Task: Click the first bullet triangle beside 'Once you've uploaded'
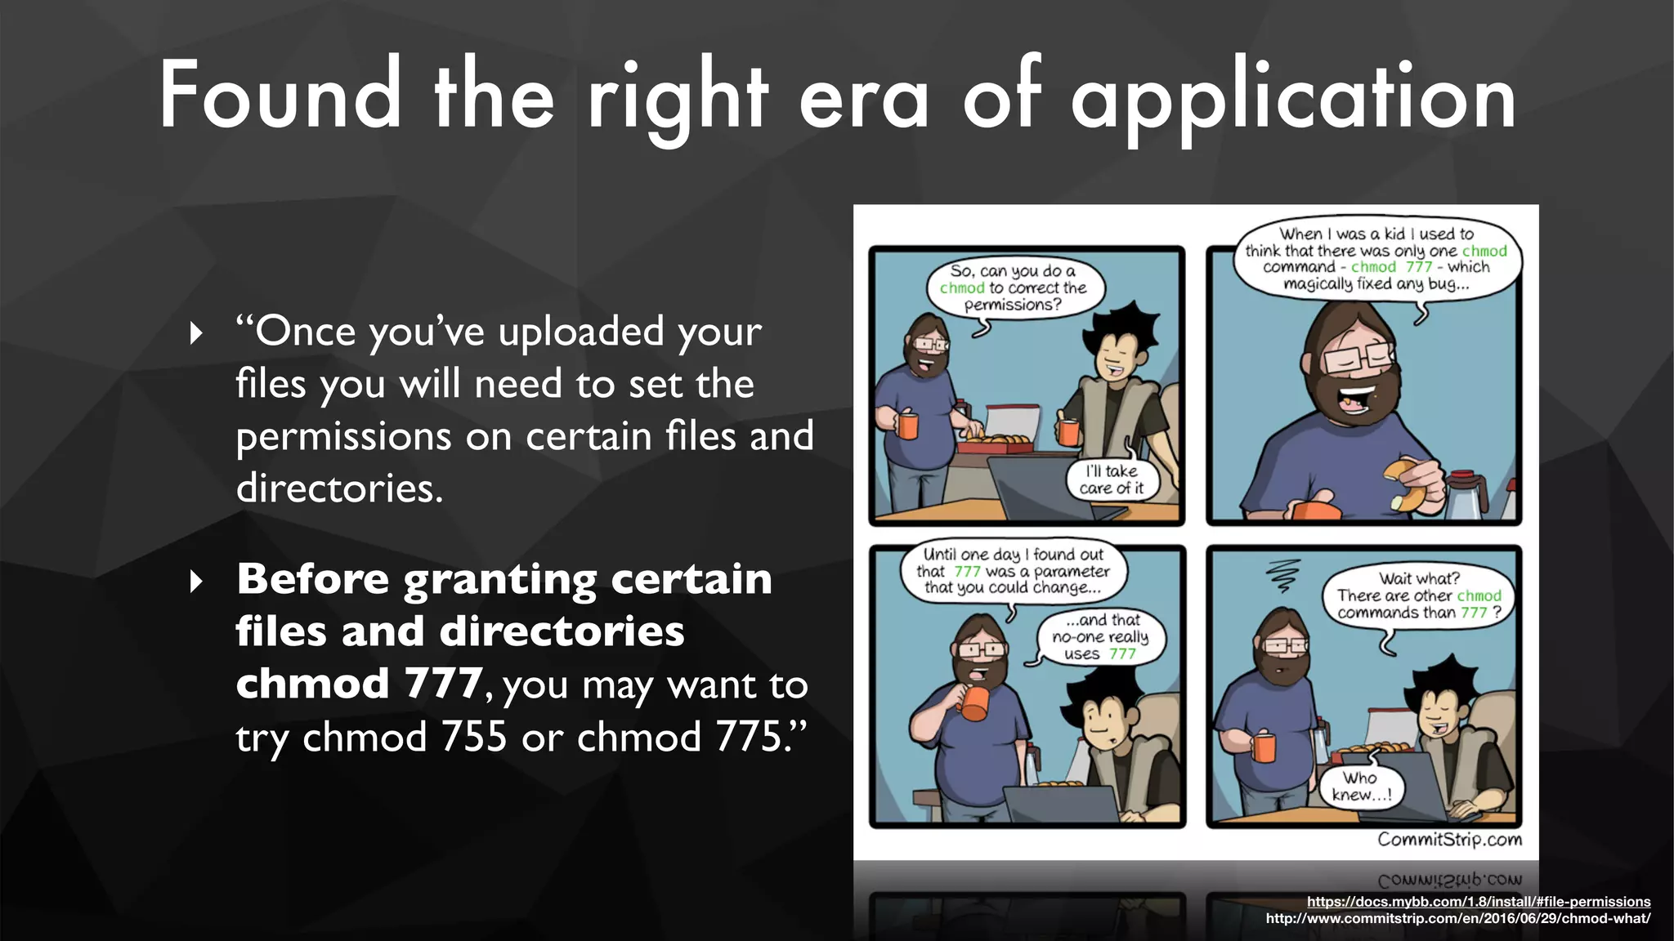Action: pos(196,333)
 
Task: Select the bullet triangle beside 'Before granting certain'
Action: pos(196,582)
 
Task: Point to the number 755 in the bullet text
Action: pos(474,737)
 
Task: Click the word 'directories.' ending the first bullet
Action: pos(339,488)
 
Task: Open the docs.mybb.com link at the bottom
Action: pos(1478,902)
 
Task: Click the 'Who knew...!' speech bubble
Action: pos(1360,787)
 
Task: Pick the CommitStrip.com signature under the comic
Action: pos(1449,840)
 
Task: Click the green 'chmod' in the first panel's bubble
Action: pos(962,288)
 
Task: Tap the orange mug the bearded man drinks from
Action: pos(974,702)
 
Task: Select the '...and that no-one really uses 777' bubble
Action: pos(1099,637)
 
